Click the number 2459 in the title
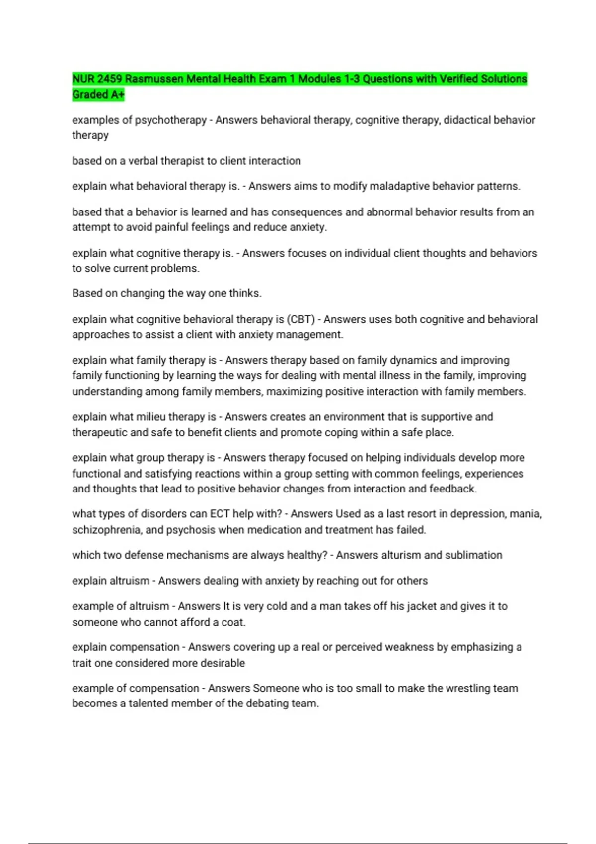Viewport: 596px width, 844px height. pyautogui.click(x=109, y=79)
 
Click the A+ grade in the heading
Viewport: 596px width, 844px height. pyautogui.click(x=117, y=95)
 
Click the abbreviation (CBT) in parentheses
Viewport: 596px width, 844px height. pyautogui.click(x=301, y=319)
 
